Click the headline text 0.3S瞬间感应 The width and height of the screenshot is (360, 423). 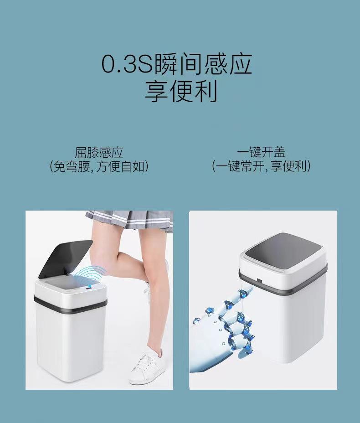tap(176, 65)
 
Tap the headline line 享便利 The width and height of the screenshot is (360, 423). tap(180, 91)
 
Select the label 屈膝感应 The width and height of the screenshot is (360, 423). tap(99, 152)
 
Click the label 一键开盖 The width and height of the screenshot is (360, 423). tap(261, 152)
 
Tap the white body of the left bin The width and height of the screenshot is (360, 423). tap(68, 342)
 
